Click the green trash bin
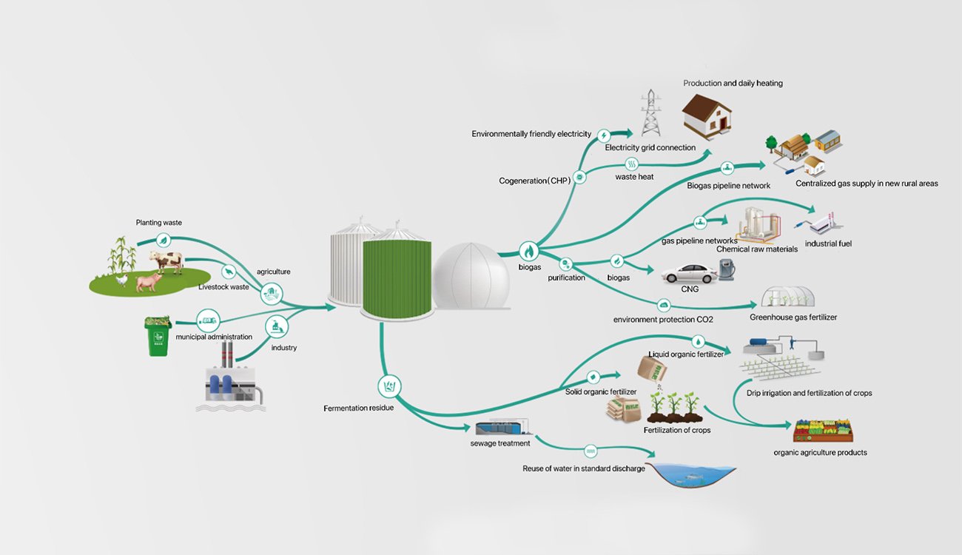click(x=158, y=337)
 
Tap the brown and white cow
click(x=166, y=261)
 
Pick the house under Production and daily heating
click(x=707, y=115)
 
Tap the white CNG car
click(x=690, y=273)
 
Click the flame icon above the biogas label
click(x=529, y=250)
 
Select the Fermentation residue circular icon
click(x=390, y=386)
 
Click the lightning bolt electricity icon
click(x=604, y=135)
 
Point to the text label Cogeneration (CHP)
click(x=532, y=181)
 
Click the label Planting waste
click(x=158, y=222)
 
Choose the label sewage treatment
click(x=500, y=443)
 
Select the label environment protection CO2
click(x=663, y=320)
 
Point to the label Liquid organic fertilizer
click(x=686, y=354)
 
